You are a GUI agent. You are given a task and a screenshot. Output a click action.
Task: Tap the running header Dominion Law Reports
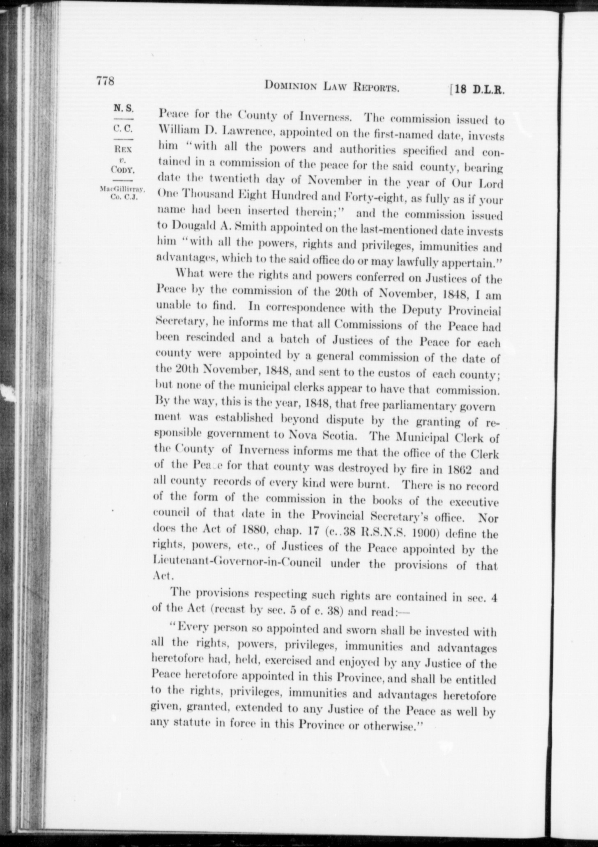click(332, 86)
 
